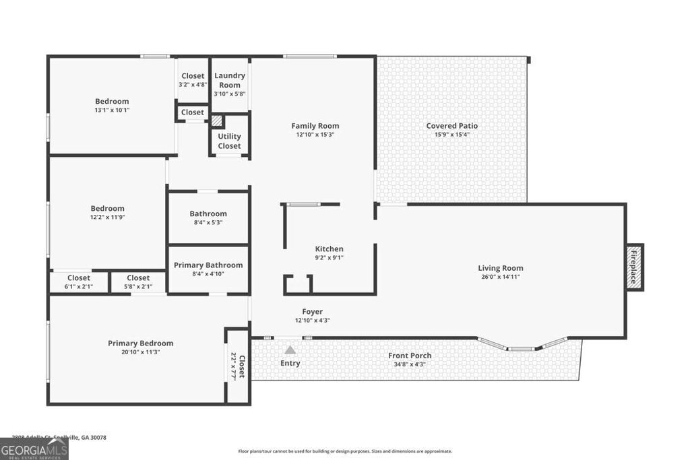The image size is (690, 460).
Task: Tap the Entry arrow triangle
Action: [x=290, y=350]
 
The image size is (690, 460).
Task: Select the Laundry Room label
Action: [x=230, y=80]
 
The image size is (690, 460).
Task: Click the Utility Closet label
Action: [x=229, y=141]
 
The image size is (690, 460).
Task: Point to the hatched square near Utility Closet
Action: [x=216, y=121]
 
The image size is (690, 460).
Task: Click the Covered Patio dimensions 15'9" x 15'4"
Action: [x=451, y=135]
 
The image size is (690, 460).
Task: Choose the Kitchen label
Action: [x=330, y=249]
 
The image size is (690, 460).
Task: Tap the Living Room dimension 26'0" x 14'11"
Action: [x=500, y=276]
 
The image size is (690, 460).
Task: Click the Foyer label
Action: [x=312, y=312]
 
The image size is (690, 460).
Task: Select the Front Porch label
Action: [x=410, y=356]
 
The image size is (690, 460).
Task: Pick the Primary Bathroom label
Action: [x=208, y=265]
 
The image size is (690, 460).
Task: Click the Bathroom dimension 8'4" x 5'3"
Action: [x=208, y=222]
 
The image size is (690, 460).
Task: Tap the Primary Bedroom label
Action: [x=140, y=343]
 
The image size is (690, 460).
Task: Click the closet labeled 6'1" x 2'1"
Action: [x=79, y=282]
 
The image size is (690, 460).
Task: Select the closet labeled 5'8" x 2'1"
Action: [x=138, y=282]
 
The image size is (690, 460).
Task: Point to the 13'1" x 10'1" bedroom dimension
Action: [x=112, y=110]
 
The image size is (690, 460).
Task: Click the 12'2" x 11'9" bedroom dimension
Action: [x=108, y=217]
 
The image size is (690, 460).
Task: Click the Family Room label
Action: [x=315, y=126]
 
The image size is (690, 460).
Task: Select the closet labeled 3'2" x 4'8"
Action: [x=193, y=80]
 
